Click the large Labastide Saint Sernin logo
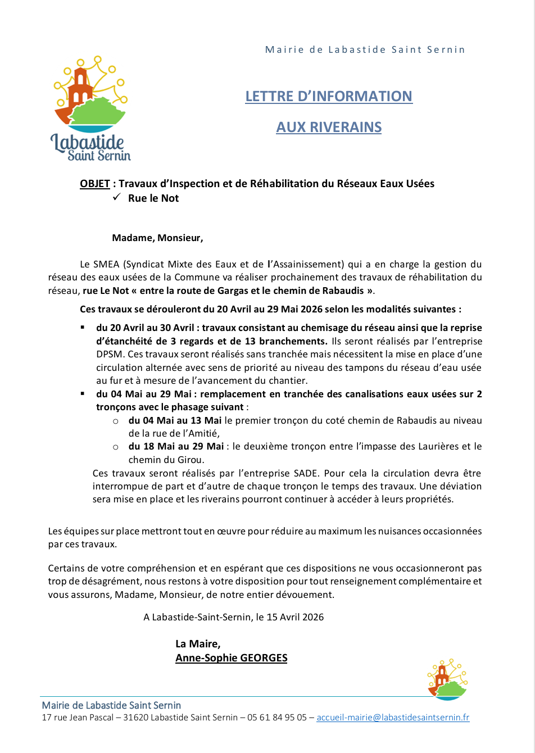pos(91,108)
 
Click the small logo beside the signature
pos(447,679)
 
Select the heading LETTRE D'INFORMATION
pos(329,97)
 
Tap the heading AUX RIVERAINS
pos(329,128)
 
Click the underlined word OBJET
pos(95,184)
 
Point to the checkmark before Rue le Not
pos(117,197)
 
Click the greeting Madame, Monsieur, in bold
pos(157,238)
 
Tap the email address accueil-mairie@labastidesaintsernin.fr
pos(393,718)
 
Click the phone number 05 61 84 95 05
pos(277,718)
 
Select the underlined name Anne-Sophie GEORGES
pos(231,658)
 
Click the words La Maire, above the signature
pos(198,644)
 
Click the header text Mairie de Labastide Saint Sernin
pos(365,49)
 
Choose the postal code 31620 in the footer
pos(136,718)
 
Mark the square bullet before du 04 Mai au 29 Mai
pos(83,394)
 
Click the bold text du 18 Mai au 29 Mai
pos(176,447)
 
